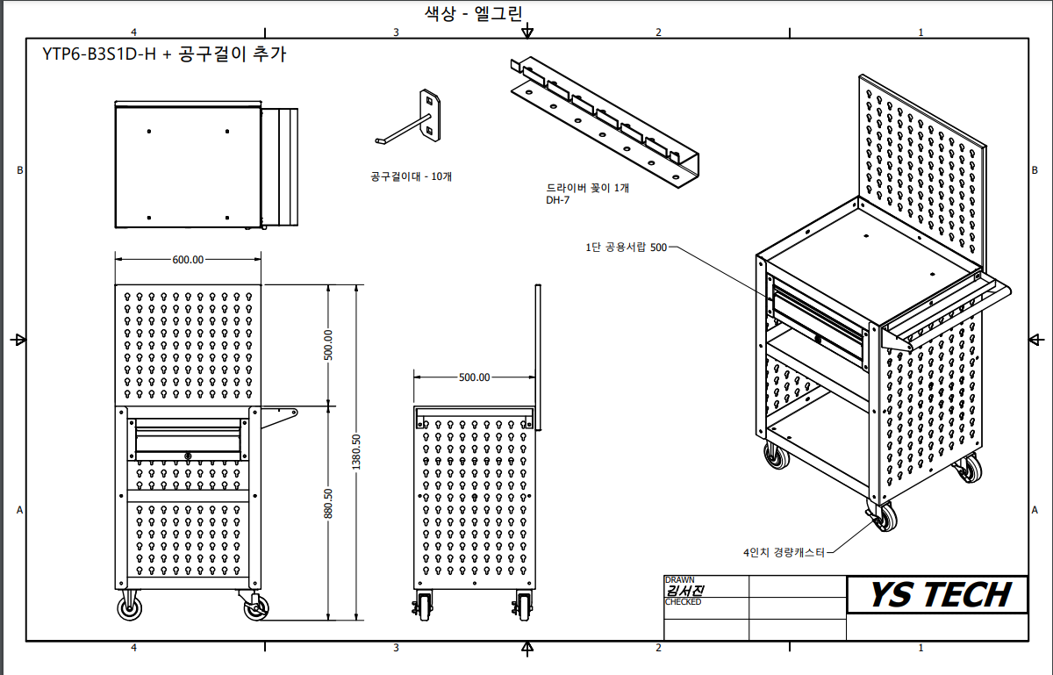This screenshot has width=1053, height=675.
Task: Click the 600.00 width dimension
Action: click(x=188, y=260)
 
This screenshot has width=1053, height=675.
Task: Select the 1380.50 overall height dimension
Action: click(x=356, y=452)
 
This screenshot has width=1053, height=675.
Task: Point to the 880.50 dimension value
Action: click(x=328, y=504)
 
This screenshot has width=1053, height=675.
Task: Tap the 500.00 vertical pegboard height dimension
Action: click(x=328, y=345)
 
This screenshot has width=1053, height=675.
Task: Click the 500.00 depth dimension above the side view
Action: click(x=475, y=377)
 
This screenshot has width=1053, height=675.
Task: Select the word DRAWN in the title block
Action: click(x=680, y=580)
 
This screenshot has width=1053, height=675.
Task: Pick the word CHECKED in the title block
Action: click(x=683, y=602)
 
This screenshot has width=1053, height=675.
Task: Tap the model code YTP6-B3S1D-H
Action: click(x=99, y=54)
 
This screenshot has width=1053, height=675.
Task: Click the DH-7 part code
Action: click(x=557, y=200)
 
